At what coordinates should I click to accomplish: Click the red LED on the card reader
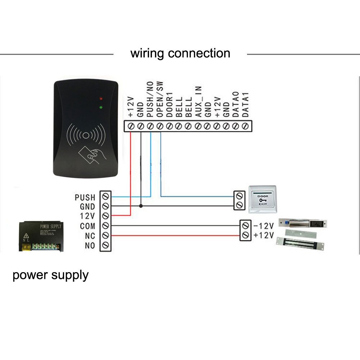point(102,98)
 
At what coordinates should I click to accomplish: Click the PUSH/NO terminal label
point(150,99)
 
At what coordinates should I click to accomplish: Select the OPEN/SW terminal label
point(160,99)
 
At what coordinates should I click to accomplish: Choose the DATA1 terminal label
point(245,104)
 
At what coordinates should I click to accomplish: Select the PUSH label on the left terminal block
point(85,197)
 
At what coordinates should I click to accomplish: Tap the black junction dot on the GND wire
point(141,206)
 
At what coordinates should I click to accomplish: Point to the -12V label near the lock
point(264,226)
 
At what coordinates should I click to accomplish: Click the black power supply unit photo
point(41,237)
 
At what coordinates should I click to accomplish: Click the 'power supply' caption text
point(50,275)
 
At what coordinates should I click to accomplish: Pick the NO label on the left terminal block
point(90,246)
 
